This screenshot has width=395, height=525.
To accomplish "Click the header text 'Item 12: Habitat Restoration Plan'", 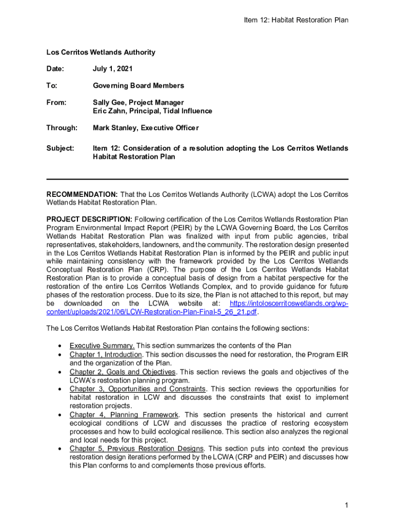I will tap(297, 20).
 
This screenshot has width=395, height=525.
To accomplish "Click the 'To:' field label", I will tap(52, 86).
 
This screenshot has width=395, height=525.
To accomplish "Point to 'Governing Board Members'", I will tap(138, 86).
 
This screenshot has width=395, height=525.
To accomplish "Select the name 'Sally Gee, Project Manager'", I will tap(138, 103).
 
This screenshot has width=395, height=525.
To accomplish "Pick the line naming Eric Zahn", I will tap(152, 111).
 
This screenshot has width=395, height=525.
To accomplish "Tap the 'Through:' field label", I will tap(62, 128).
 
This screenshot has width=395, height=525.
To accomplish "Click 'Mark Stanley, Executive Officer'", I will tap(146, 128).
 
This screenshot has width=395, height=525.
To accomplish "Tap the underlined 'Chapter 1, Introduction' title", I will tap(106, 354).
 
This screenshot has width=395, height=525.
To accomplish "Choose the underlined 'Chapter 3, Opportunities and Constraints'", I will tap(138, 389).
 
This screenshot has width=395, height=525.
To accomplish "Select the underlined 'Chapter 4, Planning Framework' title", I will tap(124, 414).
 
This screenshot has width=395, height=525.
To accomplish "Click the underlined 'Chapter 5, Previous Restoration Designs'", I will tap(136, 448).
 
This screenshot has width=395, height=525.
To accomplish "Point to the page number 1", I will tap(347, 506).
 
